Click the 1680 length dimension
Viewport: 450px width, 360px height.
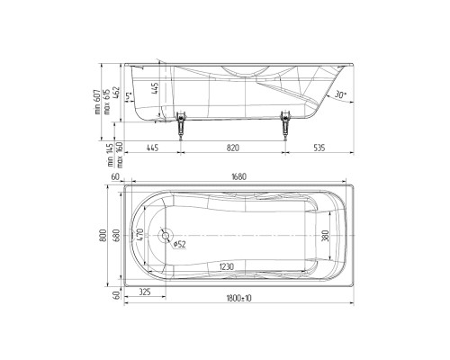coord(238,176)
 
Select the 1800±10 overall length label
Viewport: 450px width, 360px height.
coord(238,297)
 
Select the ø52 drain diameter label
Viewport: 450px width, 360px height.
coord(179,244)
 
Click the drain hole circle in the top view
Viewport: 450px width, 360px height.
coord(165,236)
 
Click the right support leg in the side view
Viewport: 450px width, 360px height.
coord(286,123)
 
